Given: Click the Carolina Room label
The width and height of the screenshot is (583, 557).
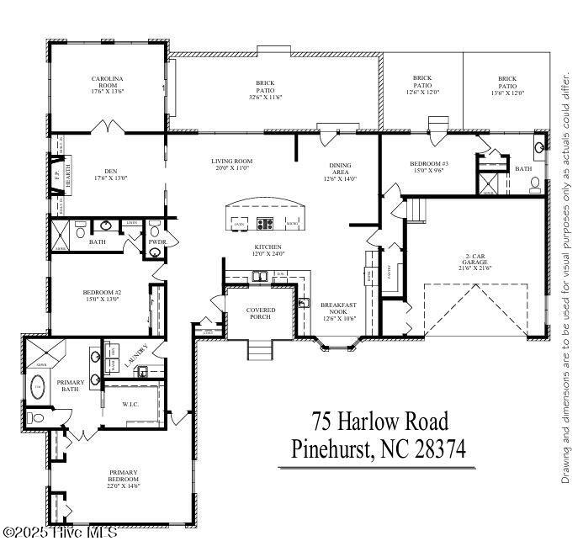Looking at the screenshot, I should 107,82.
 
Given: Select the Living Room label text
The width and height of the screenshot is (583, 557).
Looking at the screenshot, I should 231,165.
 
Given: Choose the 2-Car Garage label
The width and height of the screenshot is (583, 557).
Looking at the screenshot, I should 476,262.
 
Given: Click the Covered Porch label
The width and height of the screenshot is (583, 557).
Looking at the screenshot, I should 261,314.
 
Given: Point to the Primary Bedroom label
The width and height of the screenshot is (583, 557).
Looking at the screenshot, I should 123,479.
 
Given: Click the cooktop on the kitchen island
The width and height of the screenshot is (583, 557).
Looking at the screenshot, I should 265,224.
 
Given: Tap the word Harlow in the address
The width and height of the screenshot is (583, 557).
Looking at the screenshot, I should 374,420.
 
